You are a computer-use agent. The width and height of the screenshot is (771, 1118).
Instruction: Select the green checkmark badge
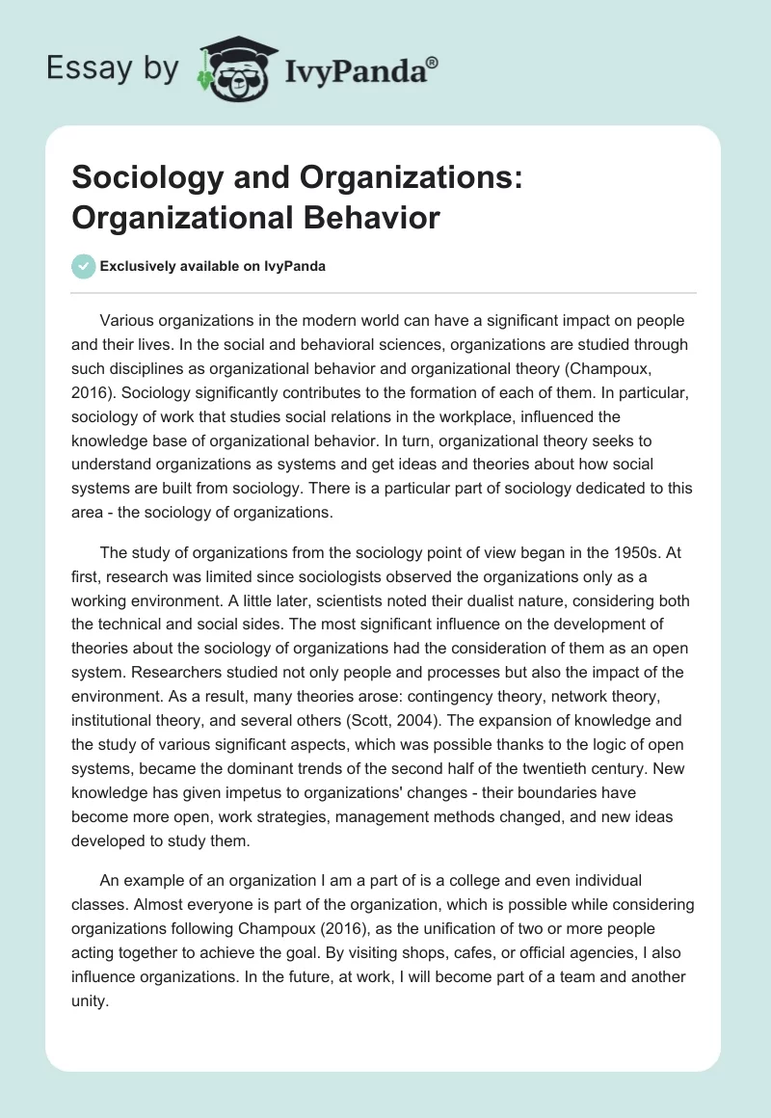[85, 267]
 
